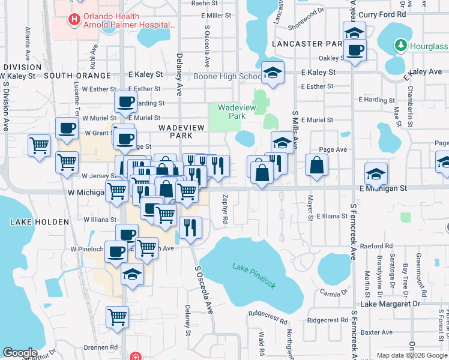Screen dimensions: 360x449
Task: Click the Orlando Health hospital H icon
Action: click(x=74, y=20)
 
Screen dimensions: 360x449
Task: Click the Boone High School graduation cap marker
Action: click(x=273, y=74)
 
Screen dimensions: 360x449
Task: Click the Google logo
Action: click(x=20, y=353)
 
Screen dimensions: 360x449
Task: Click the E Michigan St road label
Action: click(x=383, y=188)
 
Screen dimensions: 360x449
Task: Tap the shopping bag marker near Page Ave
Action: click(x=316, y=166)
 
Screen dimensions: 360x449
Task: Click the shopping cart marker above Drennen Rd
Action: click(x=117, y=317)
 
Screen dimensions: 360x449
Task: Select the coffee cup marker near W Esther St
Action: click(x=125, y=103)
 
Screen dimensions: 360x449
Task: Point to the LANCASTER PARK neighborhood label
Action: click(x=307, y=44)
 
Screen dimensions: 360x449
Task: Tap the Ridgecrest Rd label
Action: click(x=328, y=320)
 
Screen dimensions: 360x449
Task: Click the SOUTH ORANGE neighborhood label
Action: click(x=77, y=76)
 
